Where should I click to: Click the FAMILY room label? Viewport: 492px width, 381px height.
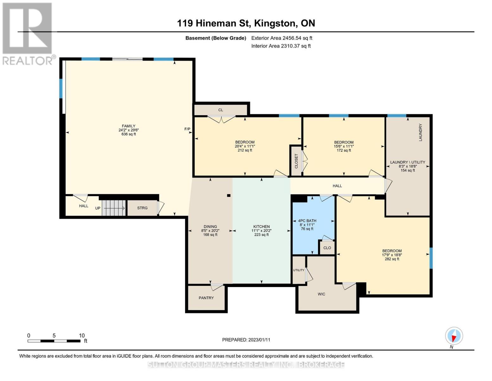tap(129, 126)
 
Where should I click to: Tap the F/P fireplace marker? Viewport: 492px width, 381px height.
tap(188, 129)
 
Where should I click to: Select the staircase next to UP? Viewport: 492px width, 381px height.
tap(114, 208)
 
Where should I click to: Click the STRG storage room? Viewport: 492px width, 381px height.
tap(142, 208)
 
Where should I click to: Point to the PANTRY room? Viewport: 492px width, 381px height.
tap(206, 298)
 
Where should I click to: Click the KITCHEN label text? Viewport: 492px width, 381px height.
tap(261, 227)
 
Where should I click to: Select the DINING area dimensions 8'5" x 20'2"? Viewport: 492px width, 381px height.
tap(210, 231)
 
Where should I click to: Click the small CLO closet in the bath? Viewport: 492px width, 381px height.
tap(327, 248)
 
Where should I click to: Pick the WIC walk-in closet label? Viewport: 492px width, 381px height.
tap(321, 294)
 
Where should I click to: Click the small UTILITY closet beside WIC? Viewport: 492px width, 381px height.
tap(298, 270)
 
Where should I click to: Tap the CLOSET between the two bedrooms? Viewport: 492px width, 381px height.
tap(297, 161)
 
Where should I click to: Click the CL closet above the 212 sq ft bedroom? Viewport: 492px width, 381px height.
tap(220, 110)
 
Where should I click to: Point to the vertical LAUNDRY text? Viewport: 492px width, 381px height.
tap(420, 132)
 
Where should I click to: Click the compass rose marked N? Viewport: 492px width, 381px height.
tap(454, 336)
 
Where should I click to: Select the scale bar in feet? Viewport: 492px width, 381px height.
tap(54, 341)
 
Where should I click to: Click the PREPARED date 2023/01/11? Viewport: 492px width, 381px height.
tap(246, 340)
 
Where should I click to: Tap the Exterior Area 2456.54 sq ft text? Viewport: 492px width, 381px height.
tap(282, 38)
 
